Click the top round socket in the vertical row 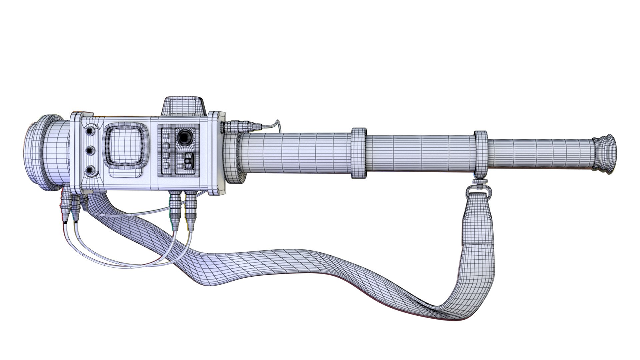pyautogui.click(x=90, y=132)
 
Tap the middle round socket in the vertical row pyautogui.click(x=90, y=151)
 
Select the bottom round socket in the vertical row pyautogui.click(x=90, y=171)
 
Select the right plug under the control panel pyautogui.click(x=191, y=210)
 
